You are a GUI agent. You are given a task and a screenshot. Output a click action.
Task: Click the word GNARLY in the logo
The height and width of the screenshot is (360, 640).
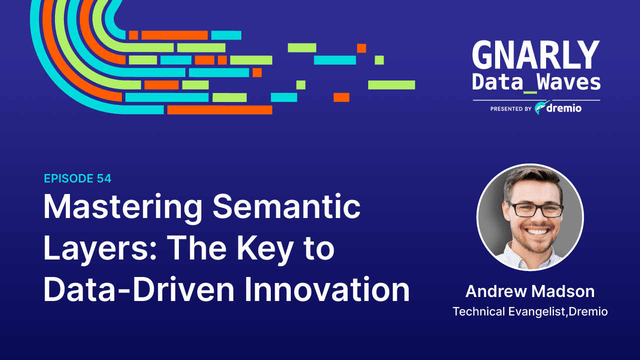pyautogui.click(x=536, y=55)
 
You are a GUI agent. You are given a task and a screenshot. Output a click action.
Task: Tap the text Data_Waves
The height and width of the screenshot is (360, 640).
pyautogui.click(x=536, y=82)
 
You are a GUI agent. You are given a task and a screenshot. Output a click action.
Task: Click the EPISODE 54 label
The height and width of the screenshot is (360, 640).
pyautogui.click(x=77, y=178)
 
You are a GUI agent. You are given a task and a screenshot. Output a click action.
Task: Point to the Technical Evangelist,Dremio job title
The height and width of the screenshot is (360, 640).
pyautogui.click(x=530, y=311)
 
